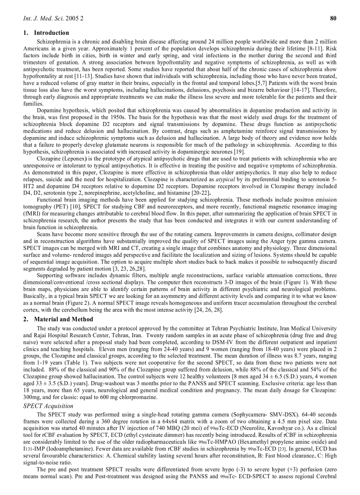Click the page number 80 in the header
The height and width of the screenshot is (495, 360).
click(x=334, y=19)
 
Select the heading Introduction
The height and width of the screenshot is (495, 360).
click(x=51, y=33)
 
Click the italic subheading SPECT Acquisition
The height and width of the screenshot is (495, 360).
click(x=48, y=406)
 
